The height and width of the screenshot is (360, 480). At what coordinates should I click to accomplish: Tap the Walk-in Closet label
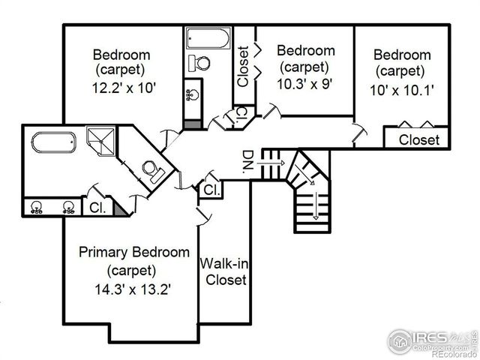223,271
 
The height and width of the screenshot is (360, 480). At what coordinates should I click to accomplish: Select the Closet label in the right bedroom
418,139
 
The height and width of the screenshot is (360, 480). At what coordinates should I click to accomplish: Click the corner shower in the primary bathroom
99,140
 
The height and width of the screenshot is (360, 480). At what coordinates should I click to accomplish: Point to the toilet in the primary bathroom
153,172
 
